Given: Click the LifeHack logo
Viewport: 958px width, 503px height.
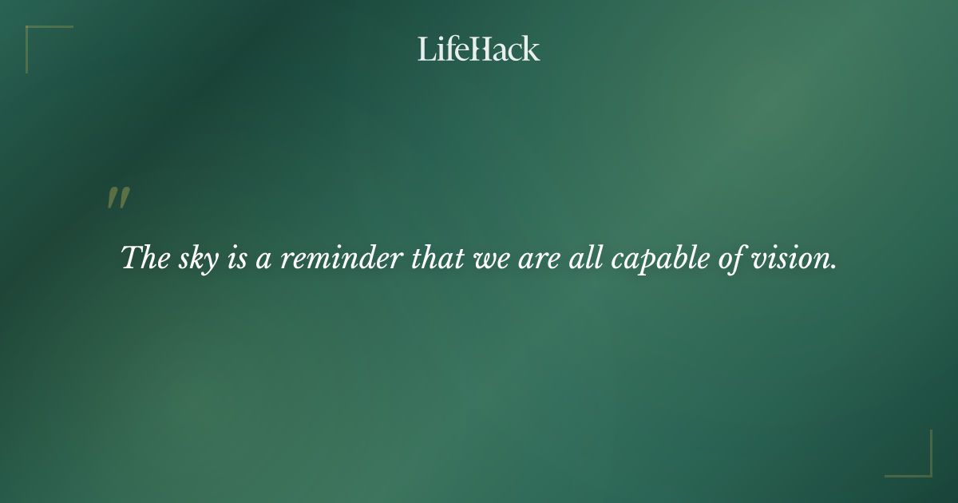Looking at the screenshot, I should tap(479, 49).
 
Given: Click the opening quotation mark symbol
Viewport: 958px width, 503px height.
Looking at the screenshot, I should tap(118, 199).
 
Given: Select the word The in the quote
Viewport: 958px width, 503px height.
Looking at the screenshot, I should tap(144, 258).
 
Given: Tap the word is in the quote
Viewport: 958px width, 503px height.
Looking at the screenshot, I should tap(237, 258).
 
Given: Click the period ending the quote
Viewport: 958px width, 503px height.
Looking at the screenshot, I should tap(833, 267).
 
